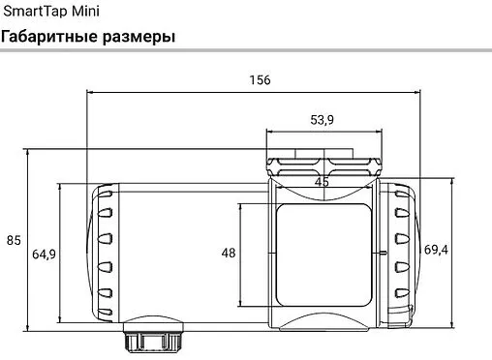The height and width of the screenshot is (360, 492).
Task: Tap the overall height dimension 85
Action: coord(14,240)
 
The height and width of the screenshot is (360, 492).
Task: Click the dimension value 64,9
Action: coord(44,254)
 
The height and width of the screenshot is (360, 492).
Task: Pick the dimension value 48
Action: coord(229,253)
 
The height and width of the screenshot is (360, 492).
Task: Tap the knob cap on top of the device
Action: coord(322,159)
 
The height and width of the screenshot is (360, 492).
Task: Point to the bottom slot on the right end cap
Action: coord(401,295)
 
